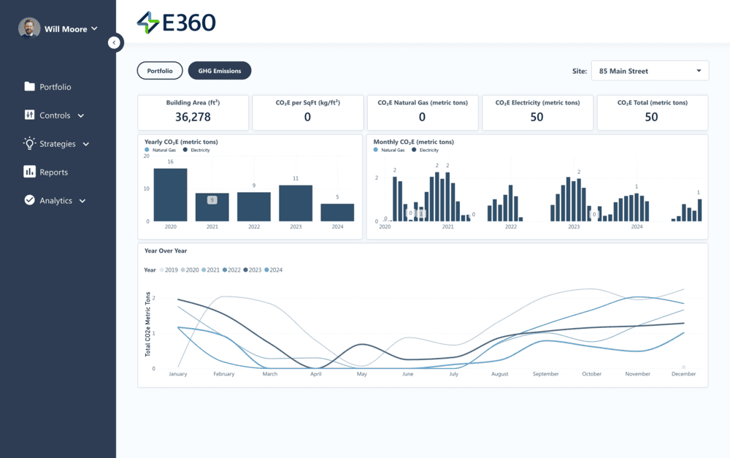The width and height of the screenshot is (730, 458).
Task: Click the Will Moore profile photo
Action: (x=29, y=28)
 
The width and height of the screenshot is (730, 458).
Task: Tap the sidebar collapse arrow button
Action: (x=114, y=43)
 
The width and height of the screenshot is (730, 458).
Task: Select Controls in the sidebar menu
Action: (x=55, y=115)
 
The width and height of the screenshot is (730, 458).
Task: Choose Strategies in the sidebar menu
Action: (x=57, y=144)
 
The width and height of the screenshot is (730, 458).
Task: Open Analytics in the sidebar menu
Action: (x=55, y=200)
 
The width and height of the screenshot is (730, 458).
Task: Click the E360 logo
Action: (x=176, y=23)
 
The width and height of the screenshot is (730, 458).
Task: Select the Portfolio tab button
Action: (x=160, y=71)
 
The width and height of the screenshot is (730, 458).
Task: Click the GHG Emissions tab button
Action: (x=220, y=71)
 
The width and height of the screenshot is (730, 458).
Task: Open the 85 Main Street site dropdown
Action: (x=649, y=71)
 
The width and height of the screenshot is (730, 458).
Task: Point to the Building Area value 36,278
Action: (x=193, y=117)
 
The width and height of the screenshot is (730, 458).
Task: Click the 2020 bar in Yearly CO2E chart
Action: (x=170, y=195)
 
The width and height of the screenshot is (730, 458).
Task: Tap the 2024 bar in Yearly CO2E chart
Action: (x=337, y=213)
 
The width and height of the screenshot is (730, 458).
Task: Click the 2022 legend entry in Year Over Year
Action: (x=231, y=270)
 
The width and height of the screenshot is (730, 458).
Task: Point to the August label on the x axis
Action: (x=499, y=374)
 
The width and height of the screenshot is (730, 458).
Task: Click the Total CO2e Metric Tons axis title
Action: (x=148, y=324)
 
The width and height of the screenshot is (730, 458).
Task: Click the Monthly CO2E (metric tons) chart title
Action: (x=413, y=142)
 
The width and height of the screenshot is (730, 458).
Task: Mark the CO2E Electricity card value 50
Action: (x=537, y=117)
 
